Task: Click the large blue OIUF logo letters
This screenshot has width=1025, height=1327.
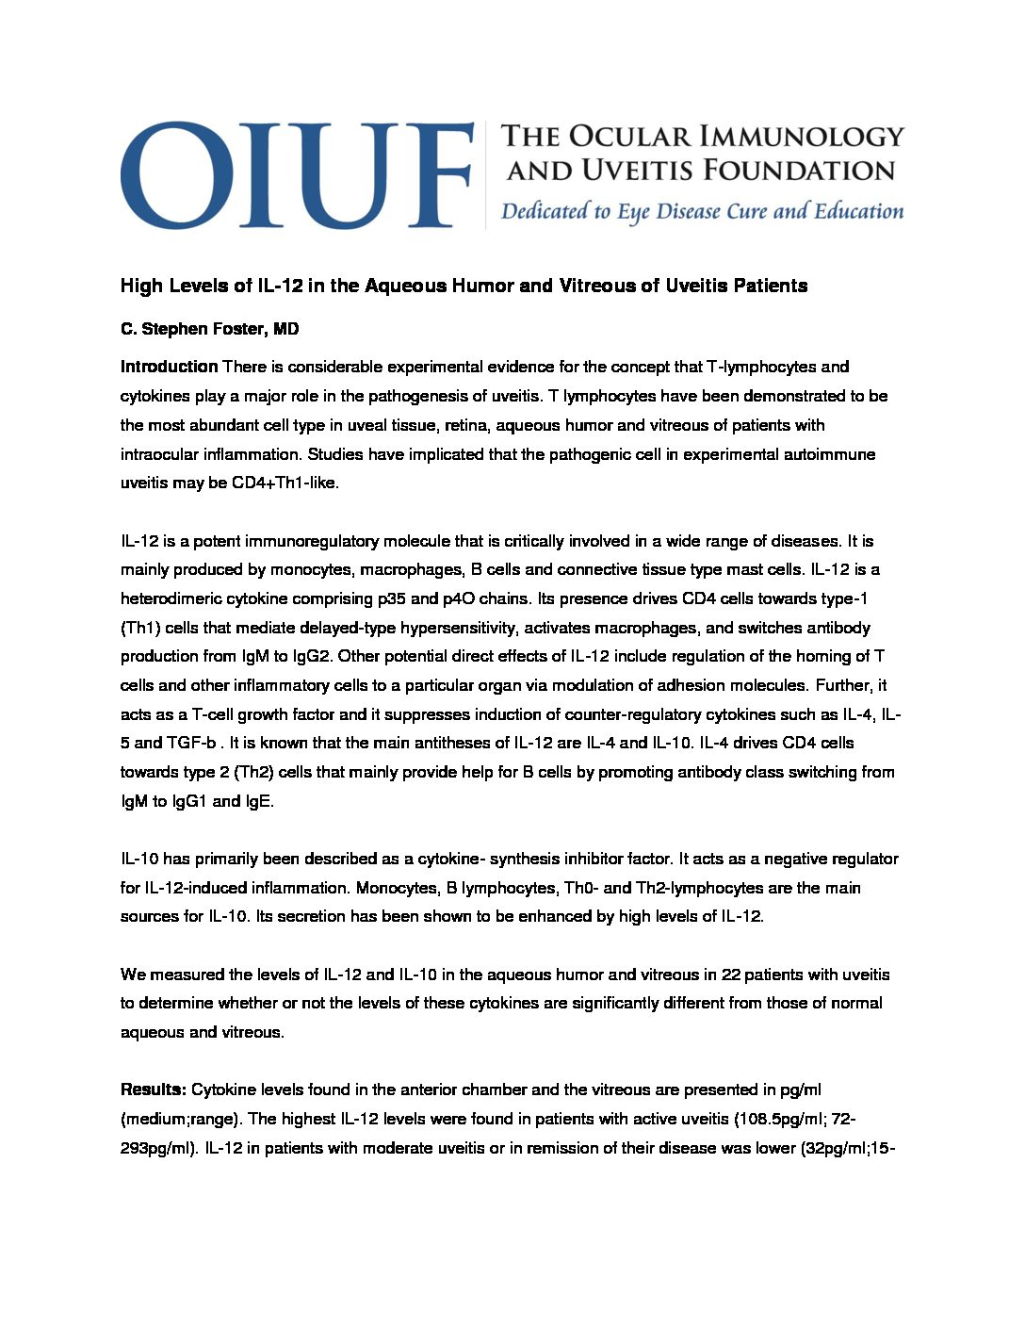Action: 296,174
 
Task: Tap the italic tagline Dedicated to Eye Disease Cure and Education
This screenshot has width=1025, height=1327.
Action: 702,211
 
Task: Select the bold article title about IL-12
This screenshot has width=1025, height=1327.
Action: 464,286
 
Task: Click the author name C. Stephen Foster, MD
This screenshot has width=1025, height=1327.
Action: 209,329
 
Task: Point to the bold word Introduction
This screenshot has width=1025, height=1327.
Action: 169,367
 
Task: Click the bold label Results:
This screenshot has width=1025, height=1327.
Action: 153,1089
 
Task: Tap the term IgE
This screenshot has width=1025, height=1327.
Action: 258,801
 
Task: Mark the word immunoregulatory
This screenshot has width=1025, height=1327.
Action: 330,541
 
